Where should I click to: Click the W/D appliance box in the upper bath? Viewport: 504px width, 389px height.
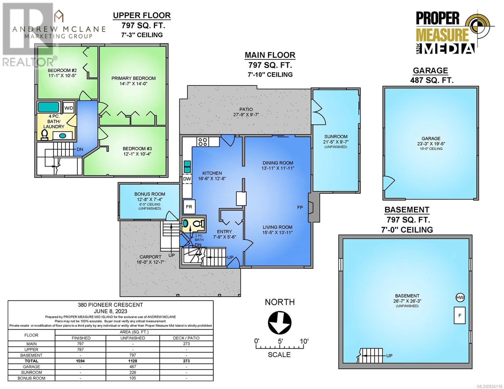point(68,108)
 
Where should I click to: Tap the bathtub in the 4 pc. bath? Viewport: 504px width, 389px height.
point(48,107)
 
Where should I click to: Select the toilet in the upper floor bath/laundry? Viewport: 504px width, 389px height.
point(44,135)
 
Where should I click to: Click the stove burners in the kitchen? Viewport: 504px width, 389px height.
point(203,142)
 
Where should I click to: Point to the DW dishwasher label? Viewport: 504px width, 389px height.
point(187,179)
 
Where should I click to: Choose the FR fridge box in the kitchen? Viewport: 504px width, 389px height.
point(189,206)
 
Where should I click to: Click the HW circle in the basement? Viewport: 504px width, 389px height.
point(460,298)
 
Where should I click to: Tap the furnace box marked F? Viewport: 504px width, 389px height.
point(460,315)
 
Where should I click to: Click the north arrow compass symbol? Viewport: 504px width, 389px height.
point(279,322)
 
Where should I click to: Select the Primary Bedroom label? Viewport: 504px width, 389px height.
point(133,78)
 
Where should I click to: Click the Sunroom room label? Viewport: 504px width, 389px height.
point(336,136)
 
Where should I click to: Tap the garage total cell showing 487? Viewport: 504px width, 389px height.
point(133,367)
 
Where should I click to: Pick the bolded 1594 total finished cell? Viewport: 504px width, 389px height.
point(80,361)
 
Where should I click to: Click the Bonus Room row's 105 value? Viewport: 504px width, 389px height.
point(133,378)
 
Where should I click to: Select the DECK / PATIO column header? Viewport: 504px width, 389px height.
point(187,338)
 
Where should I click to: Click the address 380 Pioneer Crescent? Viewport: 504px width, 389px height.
point(110,305)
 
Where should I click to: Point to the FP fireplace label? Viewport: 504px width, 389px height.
point(300,207)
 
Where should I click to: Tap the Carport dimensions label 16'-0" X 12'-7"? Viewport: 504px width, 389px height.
point(150,262)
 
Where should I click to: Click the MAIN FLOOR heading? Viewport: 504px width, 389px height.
point(270,55)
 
